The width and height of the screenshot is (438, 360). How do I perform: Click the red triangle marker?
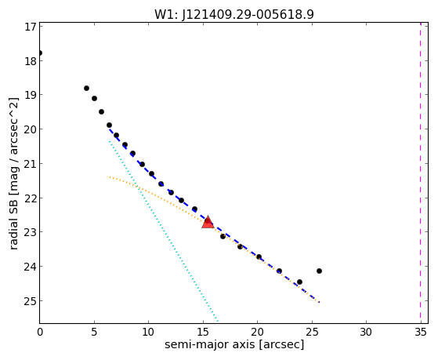208,222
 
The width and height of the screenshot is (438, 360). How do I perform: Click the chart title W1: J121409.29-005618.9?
234,15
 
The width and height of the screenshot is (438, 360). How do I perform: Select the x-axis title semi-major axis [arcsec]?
234,344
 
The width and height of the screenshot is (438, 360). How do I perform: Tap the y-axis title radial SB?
13,223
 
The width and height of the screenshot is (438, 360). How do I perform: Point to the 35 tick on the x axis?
421,333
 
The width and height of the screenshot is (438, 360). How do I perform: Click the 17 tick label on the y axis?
31,27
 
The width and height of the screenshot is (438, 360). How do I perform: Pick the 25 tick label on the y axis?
31,301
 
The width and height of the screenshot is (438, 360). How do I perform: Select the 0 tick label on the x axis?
40,333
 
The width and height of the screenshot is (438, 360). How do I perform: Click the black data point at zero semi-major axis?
40,53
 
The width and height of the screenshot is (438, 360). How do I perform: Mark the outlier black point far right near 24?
319,271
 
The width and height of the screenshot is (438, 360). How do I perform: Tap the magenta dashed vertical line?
421,173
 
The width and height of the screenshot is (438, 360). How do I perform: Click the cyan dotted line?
164,231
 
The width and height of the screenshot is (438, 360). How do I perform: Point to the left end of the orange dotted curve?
110,176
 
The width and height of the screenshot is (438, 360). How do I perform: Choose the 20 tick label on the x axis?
257,333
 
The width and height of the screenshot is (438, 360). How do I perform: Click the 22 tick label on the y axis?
31,198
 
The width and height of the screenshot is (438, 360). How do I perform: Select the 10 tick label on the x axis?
148,333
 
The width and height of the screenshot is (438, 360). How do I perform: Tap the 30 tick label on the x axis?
366,333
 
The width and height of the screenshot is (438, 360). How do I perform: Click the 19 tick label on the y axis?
31,96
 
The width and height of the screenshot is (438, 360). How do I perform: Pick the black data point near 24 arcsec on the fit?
299,282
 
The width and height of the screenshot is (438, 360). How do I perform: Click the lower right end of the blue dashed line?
319,302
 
